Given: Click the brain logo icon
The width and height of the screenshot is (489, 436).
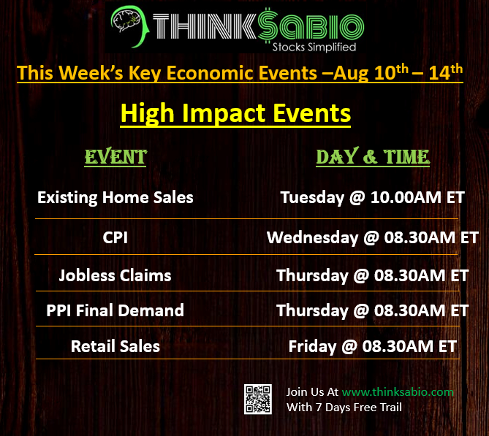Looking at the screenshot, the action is click(130, 26).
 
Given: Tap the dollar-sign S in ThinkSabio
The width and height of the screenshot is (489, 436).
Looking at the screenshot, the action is click(268, 26).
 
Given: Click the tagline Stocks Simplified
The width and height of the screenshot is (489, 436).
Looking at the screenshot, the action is click(314, 47).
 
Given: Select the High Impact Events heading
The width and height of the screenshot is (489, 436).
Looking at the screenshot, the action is click(235, 114).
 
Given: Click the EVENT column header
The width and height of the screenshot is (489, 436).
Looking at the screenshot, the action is click(115, 156).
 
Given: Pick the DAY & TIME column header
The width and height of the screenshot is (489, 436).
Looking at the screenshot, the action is click(373, 156).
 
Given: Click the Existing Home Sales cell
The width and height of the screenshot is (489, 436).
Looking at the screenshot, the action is click(115, 198).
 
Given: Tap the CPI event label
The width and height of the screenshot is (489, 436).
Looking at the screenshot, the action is click(115, 237).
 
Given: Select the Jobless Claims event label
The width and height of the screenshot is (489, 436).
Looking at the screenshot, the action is click(115, 276).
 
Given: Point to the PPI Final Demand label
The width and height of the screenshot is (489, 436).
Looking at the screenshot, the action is click(115, 310).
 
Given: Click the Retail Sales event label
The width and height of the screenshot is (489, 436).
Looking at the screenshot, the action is click(115, 346).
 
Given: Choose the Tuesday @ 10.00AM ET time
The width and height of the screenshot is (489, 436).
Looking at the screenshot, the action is click(373, 198).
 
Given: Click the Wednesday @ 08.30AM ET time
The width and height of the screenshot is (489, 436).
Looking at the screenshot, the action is click(373, 238).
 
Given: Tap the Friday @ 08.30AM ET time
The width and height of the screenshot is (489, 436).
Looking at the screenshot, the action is click(373, 347).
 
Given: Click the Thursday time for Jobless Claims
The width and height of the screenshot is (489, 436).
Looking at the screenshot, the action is click(373, 276).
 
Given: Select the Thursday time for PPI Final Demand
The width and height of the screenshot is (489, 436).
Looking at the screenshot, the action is click(373, 310).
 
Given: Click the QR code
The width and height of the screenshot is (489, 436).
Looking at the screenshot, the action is click(258, 399).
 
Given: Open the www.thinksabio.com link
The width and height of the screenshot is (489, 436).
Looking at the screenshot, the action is click(398, 392).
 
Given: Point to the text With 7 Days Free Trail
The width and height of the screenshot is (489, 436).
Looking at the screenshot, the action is click(344, 408).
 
